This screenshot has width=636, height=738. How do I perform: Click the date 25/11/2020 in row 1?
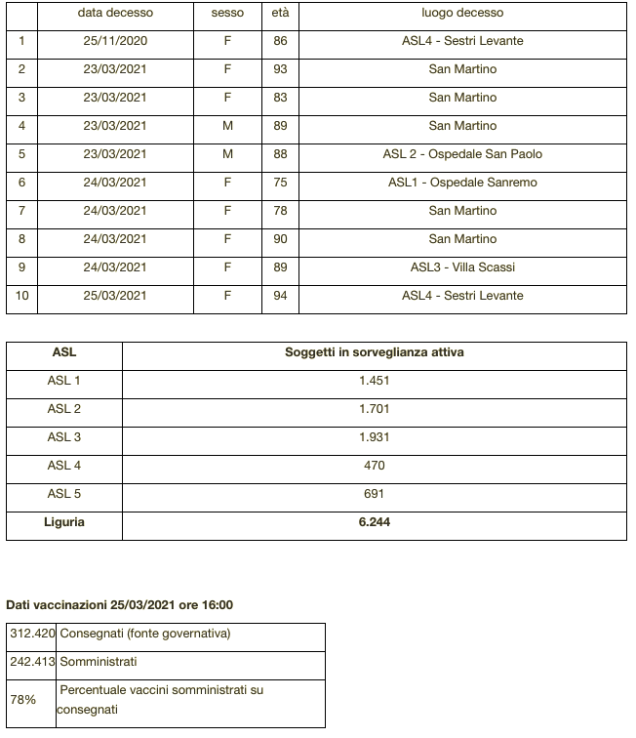(x=115, y=41)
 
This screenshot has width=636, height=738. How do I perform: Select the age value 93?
(x=280, y=69)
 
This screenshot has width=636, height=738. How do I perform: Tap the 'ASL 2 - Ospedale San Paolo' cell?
(x=462, y=154)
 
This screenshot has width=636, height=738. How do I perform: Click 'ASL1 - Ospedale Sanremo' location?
(x=462, y=183)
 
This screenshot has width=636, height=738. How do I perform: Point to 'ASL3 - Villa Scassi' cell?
(x=462, y=267)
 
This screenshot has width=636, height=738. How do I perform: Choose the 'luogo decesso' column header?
(x=462, y=14)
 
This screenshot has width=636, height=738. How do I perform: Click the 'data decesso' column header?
(x=115, y=14)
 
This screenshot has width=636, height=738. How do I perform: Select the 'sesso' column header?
(x=227, y=14)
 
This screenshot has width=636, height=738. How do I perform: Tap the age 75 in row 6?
(x=280, y=183)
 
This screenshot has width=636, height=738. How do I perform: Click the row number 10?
(x=21, y=296)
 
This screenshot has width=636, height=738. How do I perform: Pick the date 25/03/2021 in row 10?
(x=115, y=296)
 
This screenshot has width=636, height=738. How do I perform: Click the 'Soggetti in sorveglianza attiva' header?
(x=374, y=352)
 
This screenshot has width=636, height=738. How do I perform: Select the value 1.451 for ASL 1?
(x=374, y=381)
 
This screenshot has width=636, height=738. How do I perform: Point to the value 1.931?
(x=374, y=437)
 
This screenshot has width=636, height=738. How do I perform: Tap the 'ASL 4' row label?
(x=64, y=466)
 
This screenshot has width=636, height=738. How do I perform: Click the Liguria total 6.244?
(x=374, y=522)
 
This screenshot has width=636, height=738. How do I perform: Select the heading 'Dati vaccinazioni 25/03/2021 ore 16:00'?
(x=120, y=605)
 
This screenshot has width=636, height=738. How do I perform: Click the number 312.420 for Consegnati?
(x=32, y=634)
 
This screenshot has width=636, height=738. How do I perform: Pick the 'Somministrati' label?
(x=99, y=662)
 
